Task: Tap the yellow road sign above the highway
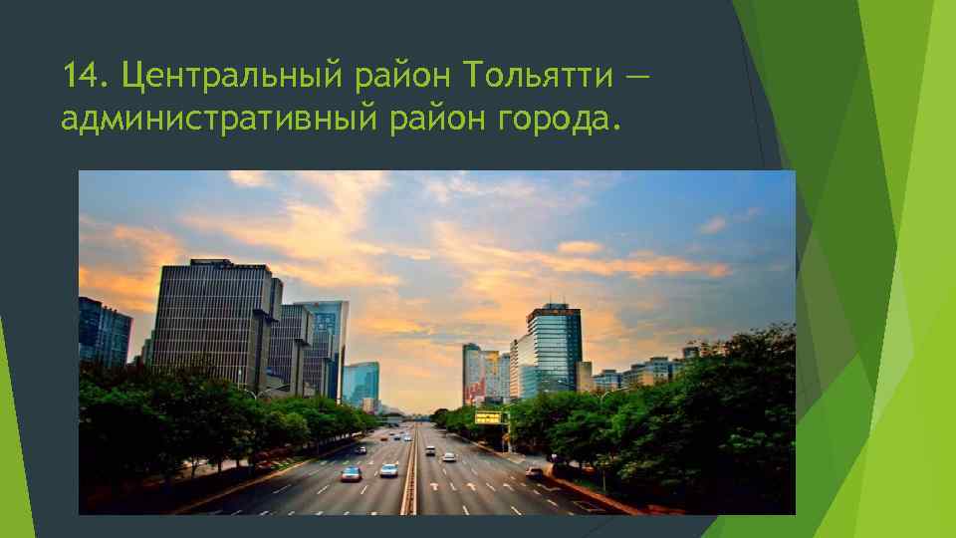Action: pos(488,417)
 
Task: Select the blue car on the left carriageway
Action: pos(352,473)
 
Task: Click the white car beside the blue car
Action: pos(388,469)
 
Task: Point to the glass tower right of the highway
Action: pos(553,349)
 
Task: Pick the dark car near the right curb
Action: pos(536,470)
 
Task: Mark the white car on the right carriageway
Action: pos(449,457)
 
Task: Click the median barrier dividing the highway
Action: pos(409,478)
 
